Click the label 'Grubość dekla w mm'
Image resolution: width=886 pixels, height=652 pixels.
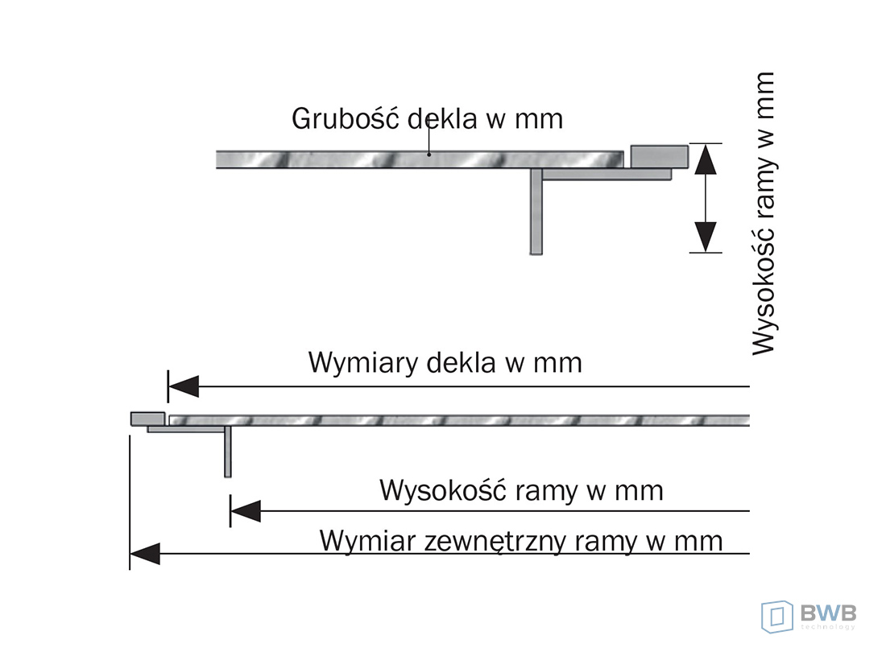427,118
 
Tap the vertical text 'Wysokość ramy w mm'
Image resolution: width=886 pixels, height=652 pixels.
763,213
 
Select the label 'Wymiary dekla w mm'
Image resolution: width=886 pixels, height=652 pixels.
445,362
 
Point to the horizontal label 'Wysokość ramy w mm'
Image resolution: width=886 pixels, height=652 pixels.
521,489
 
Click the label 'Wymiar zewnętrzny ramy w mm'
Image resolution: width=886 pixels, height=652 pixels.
521,539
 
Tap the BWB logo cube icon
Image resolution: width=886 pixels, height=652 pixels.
776,616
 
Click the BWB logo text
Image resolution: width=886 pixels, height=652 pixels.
827,613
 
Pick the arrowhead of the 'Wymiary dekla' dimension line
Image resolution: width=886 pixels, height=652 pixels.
183,387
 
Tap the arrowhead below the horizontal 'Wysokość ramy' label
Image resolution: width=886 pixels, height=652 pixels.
245,510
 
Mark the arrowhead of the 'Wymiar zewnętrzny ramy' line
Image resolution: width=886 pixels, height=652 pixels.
145,553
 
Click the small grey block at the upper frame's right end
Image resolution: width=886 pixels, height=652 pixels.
659,155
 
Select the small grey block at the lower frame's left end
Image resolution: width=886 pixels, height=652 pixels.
147,419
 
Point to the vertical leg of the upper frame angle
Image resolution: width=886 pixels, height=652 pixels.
536,213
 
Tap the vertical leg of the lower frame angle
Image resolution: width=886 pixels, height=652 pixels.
228,452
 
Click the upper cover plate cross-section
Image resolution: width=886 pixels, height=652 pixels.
419,159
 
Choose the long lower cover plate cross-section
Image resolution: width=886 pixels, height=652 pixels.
459,419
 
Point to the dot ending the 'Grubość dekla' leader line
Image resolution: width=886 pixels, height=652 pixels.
429,154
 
